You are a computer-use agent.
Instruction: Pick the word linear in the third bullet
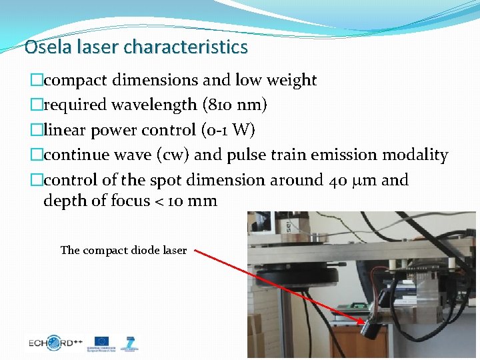(x=67, y=130)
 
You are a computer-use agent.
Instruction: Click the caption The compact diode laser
(x=123, y=251)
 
